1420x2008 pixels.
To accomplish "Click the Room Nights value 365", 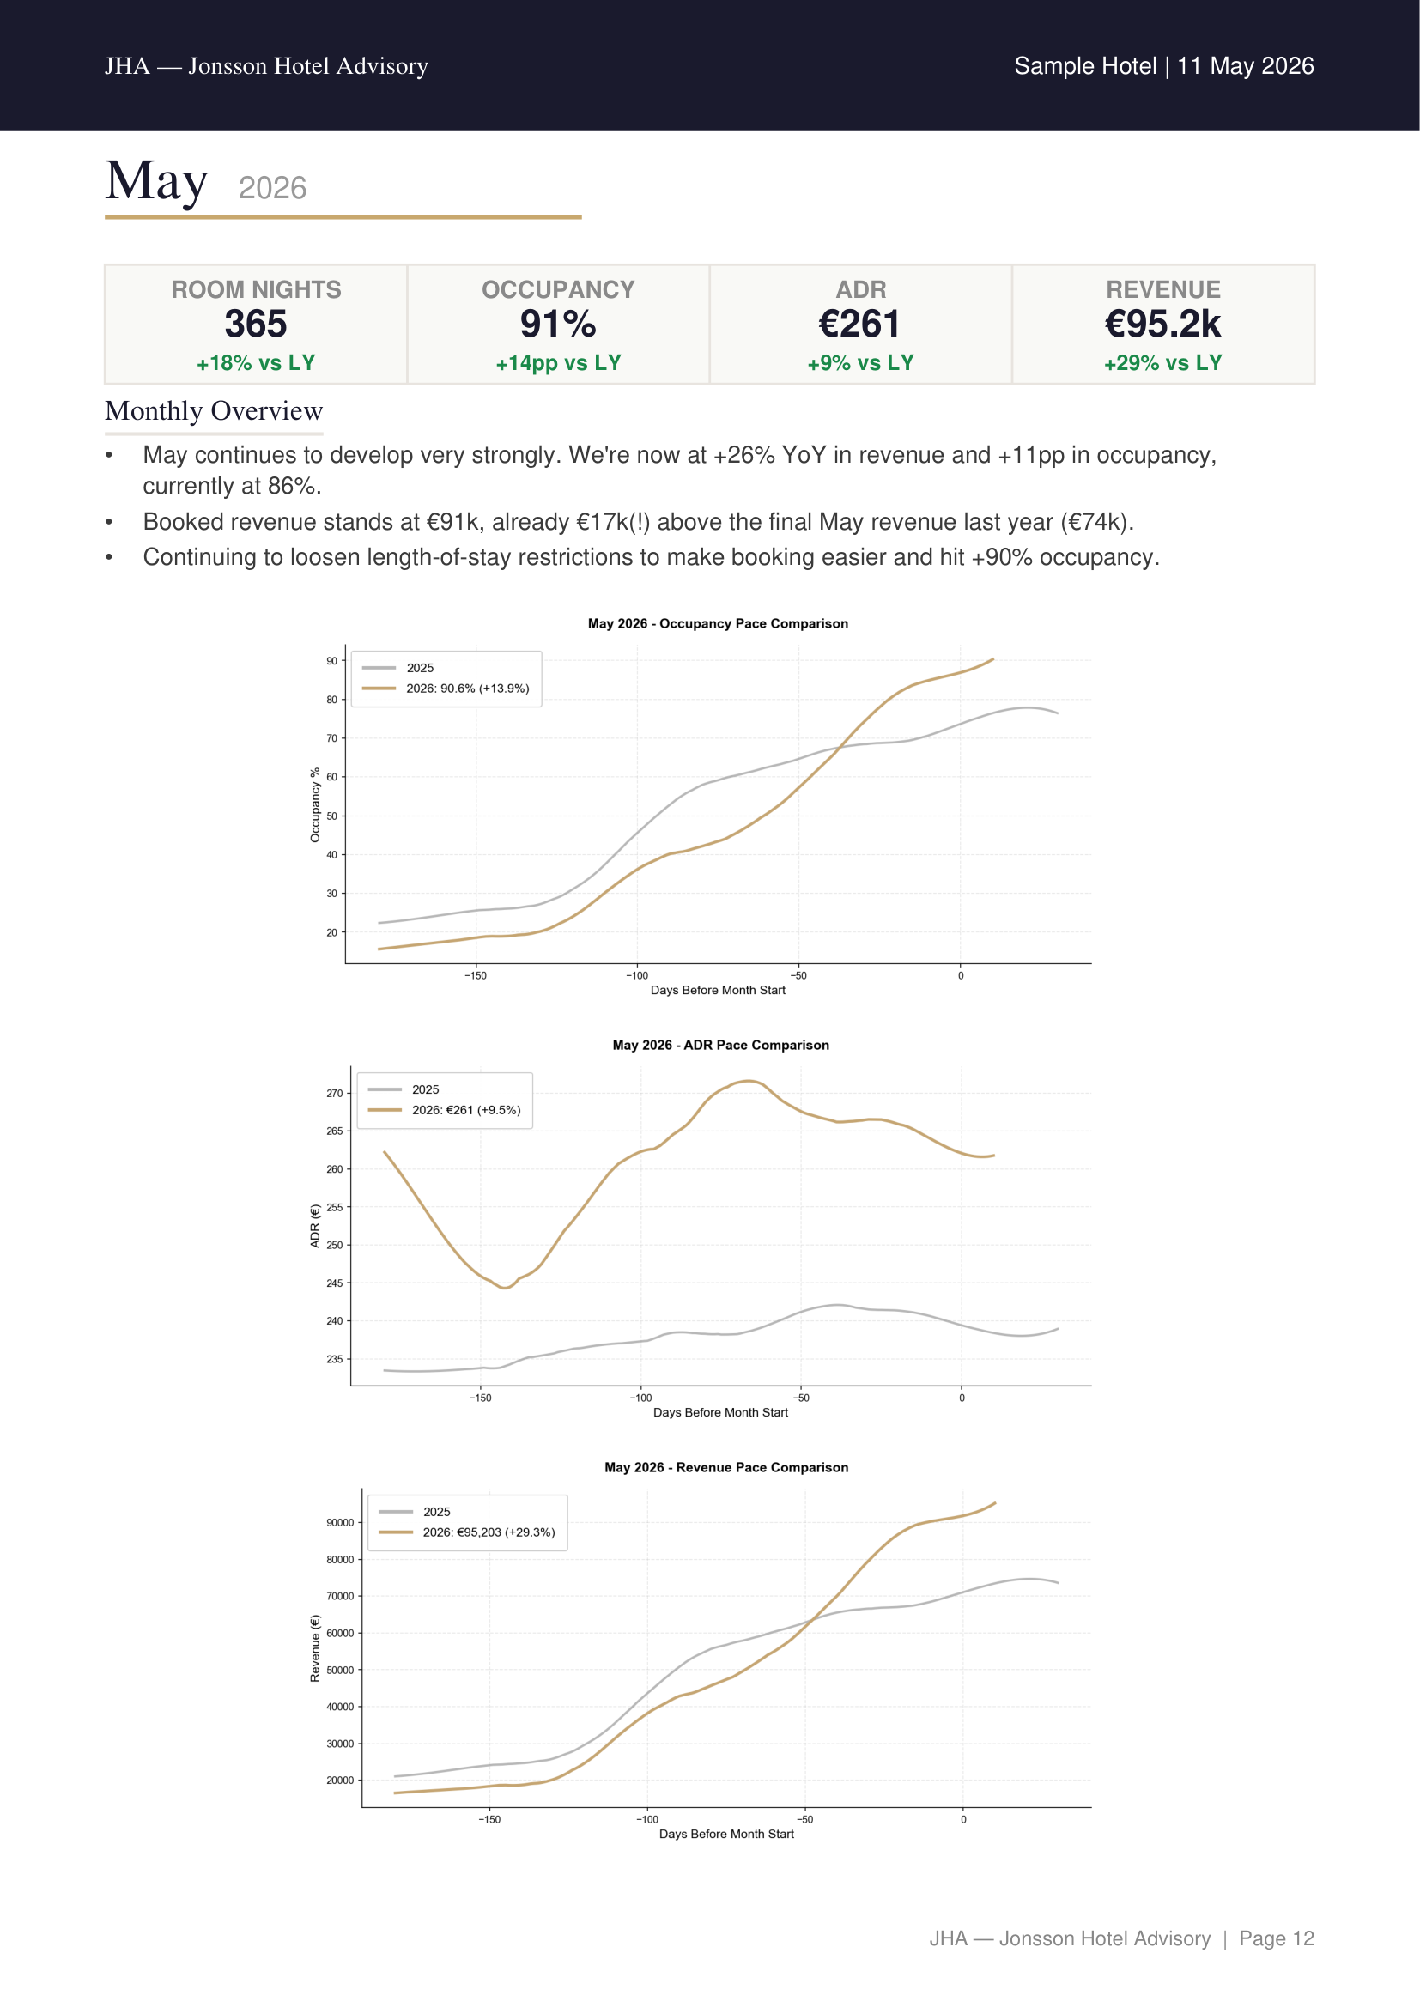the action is point(255,325).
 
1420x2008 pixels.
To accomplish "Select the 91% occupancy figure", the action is point(558,325).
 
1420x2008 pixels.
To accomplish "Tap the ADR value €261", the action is point(860,325).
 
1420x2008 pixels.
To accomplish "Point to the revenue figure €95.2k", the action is point(1163,325).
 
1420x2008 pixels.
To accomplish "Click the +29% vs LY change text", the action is point(1163,363).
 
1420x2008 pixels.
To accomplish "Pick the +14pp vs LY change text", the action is point(558,364).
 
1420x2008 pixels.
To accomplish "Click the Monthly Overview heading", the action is point(215,411).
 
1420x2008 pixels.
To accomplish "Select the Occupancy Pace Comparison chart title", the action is point(718,623).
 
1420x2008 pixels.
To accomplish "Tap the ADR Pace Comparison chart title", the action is point(720,1045).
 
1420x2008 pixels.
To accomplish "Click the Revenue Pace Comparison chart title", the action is point(725,1467).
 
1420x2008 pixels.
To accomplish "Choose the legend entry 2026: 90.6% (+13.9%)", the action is point(467,689).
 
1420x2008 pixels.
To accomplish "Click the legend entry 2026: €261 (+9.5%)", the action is point(466,1110).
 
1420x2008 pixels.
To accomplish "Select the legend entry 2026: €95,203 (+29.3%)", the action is point(489,1532).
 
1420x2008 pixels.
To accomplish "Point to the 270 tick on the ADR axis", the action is point(334,1093).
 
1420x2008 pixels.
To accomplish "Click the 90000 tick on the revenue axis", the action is point(340,1523).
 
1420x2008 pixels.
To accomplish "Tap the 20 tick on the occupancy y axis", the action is point(331,932).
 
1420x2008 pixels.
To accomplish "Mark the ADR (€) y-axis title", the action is point(316,1226).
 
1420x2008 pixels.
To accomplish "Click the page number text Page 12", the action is point(1277,1939).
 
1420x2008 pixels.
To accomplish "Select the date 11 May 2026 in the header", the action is point(1245,66).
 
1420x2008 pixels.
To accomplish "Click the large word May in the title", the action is point(156,181).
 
